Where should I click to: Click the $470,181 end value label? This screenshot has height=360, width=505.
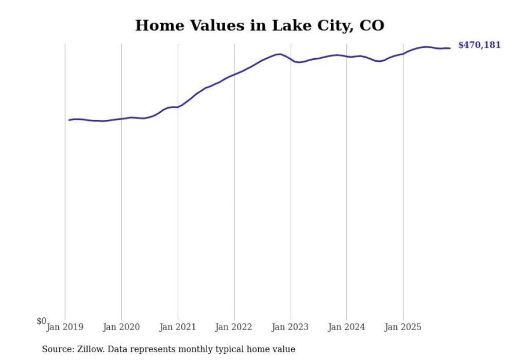click(479, 45)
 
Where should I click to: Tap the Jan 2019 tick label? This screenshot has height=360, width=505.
click(65, 327)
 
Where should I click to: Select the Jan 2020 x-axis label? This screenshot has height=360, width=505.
click(121, 327)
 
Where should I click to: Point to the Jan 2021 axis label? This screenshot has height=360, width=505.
click(178, 327)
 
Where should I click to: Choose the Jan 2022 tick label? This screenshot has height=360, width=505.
click(234, 327)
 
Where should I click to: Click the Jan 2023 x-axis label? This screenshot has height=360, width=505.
click(290, 327)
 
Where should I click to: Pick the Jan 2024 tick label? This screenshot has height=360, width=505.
click(346, 327)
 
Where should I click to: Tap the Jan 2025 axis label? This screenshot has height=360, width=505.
click(403, 327)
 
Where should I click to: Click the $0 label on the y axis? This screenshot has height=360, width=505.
click(41, 321)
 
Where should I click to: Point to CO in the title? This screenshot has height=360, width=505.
click(372, 25)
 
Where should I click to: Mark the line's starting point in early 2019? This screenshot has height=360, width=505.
click(69, 120)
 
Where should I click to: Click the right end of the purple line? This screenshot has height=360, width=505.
click(450, 48)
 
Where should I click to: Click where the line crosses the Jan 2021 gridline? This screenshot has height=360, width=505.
click(178, 107)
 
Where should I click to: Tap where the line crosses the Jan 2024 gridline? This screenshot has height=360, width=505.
click(346, 56)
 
